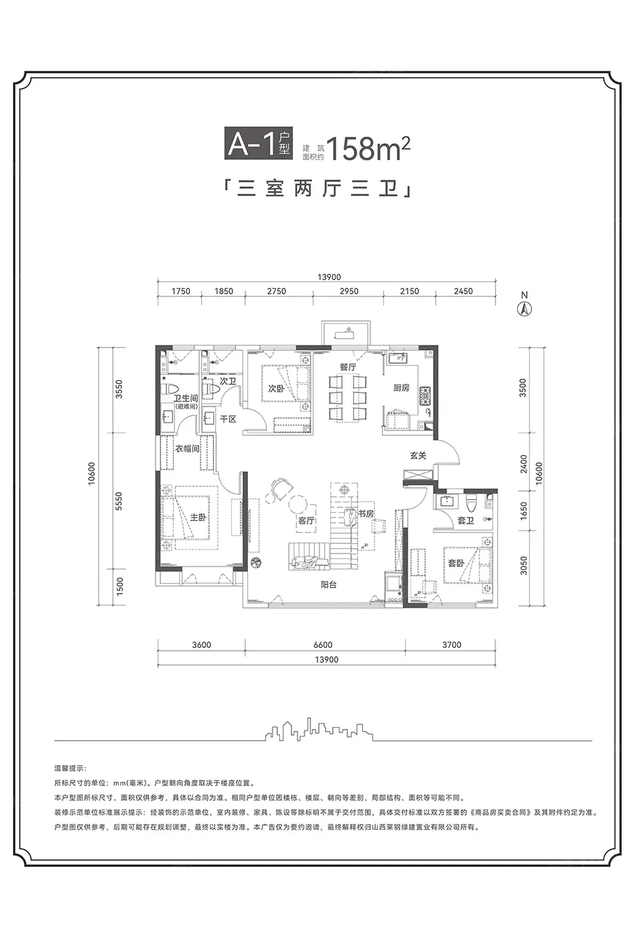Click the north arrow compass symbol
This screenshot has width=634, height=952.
click(525, 309)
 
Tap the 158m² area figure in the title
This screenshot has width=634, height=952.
click(368, 148)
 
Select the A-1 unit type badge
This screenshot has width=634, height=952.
click(259, 143)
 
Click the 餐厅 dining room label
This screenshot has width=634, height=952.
click(348, 367)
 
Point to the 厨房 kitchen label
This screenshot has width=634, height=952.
click(401, 388)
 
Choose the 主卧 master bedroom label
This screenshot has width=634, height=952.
click(198, 517)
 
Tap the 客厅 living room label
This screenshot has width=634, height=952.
click(306, 520)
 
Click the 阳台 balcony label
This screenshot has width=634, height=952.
click(329, 585)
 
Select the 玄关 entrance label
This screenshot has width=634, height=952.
click(418, 456)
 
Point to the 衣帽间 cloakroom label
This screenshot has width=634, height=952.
click(188, 448)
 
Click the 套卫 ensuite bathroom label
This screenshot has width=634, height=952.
click(466, 521)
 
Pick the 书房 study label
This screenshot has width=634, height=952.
click(366, 514)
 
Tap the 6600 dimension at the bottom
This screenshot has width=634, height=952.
click(323, 645)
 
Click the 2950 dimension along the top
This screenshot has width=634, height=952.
click(349, 291)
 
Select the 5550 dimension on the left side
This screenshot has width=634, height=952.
click(119, 501)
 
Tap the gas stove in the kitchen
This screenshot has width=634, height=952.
click(425, 396)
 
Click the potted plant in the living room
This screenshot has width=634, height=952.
click(256, 563)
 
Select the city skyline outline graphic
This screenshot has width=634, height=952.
click(319, 730)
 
